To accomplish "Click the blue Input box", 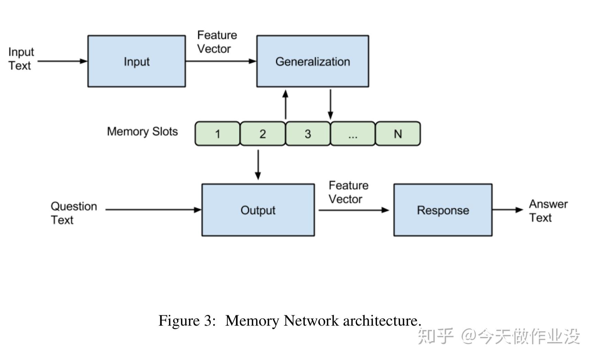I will (137, 61).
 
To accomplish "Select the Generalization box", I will (312, 61).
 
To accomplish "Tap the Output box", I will (258, 210).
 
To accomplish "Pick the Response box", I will (443, 210).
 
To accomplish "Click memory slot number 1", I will (217, 134).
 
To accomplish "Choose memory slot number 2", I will (262, 134).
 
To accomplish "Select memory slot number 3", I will (308, 134).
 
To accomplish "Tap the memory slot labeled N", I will (398, 134).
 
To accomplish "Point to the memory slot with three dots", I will (353, 134).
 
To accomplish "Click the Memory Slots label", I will (142, 131).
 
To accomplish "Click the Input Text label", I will (21, 59).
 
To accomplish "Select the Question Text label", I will (73, 213).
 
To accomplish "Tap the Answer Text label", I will (548, 211).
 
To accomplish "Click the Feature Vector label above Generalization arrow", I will (217, 42).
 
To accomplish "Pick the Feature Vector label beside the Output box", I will (348, 192).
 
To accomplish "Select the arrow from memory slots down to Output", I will (258, 165).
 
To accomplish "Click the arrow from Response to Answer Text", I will (508, 210).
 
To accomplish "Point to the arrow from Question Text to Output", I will (153, 210).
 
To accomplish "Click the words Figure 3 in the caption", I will (187, 321).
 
